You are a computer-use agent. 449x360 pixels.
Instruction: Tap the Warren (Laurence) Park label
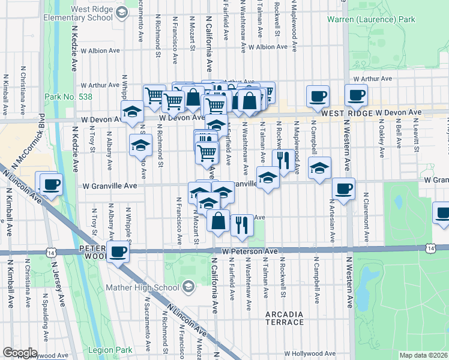point(371,20)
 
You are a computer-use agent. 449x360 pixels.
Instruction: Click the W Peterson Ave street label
point(250,251)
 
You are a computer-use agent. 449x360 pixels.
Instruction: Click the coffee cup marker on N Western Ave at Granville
point(343,189)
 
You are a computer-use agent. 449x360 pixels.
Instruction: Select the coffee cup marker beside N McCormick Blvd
point(51,185)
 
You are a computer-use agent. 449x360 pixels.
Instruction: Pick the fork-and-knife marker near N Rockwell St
point(282,160)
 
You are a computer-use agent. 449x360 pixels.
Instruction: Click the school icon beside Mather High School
point(188,288)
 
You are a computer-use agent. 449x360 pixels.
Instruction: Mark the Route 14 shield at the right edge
point(431,247)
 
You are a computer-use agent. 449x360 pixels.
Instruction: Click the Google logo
point(20,353)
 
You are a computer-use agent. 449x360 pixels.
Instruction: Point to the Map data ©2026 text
point(423,355)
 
